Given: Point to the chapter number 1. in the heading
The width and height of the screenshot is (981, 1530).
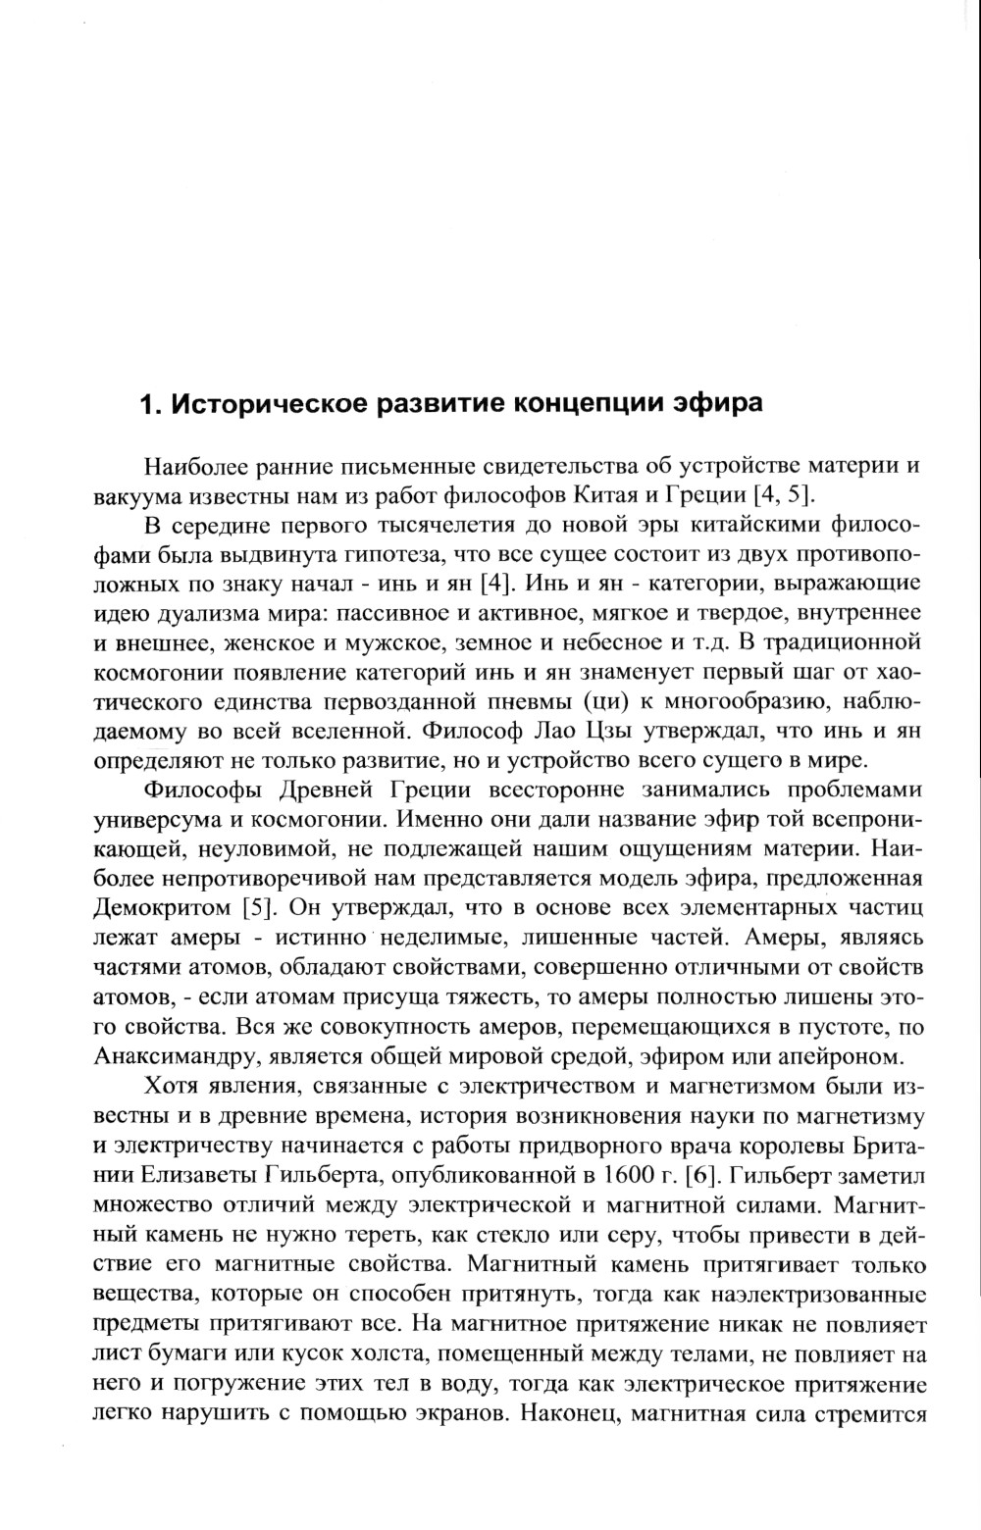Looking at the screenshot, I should [151, 405].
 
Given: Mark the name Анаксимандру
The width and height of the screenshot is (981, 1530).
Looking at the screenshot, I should [175, 1056].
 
